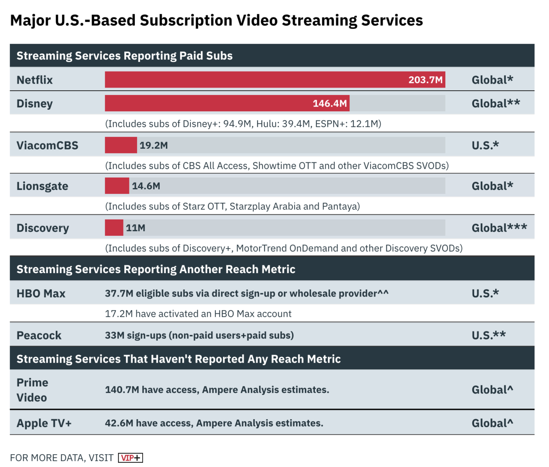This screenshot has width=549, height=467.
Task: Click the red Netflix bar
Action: point(253,80)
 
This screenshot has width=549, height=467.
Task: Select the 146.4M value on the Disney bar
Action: point(330,104)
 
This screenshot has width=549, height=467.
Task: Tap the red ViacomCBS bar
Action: point(121,145)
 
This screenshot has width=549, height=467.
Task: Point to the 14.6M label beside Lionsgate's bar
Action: point(146,186)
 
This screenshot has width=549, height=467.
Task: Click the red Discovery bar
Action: point(114,228)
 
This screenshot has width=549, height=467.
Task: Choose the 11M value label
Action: point(136,228)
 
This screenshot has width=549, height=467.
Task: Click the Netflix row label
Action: point(35,80)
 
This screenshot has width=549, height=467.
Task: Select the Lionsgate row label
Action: point(42,186)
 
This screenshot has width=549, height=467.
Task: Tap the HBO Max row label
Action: point(41,293)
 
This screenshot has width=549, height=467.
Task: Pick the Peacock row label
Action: point(39,335)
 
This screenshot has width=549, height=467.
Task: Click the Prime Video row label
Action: point(32,390)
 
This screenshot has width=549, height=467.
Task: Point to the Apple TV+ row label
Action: point(44,423)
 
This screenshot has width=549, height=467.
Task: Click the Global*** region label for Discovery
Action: point(499,228)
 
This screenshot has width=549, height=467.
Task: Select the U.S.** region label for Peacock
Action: point(489,335)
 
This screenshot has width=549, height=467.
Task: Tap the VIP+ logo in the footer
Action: point(131,458)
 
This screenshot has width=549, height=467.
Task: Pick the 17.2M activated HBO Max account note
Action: point(198,314)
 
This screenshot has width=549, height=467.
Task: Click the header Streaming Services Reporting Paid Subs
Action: point(124,56)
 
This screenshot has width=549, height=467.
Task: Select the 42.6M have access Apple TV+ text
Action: point(214,423)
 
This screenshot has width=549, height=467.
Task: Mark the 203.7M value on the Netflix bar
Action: point(425,80)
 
